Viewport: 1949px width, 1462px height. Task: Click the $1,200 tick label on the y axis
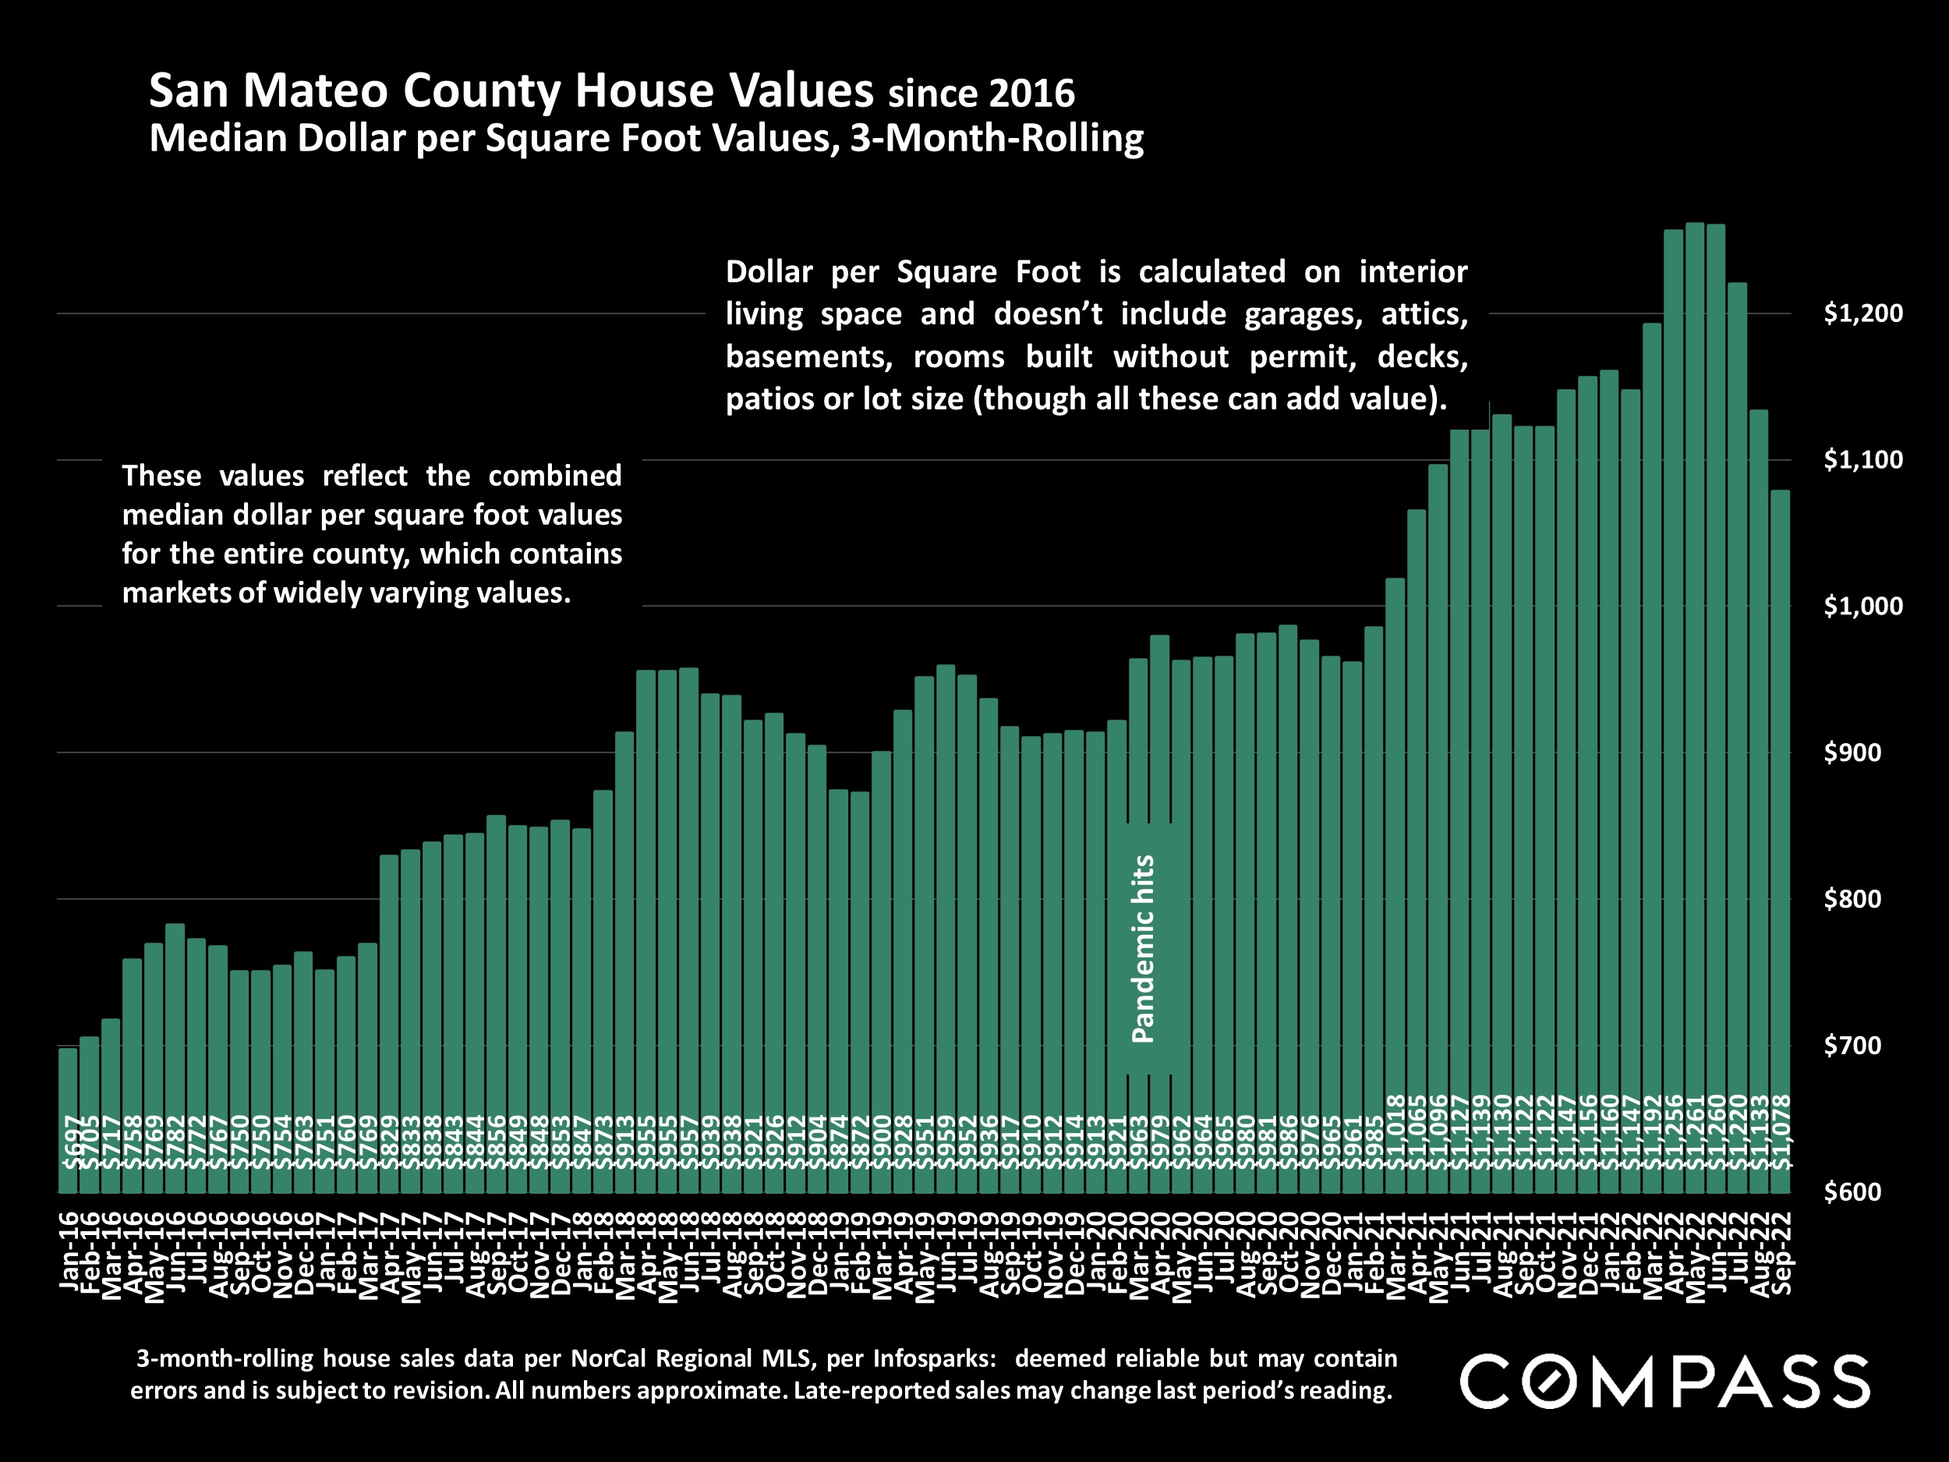1862,313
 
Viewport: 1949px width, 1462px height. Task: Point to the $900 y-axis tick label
1862,752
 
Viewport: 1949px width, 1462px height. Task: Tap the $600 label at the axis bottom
1862,1191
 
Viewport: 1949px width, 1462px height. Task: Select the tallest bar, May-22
1694,705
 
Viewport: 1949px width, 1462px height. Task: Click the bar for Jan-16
68,1119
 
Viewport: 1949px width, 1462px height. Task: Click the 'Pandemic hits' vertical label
1143,949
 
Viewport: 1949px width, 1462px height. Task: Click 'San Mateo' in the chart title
268,90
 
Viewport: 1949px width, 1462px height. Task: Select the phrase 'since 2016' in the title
981,94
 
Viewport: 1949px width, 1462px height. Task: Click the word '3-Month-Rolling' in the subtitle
996,138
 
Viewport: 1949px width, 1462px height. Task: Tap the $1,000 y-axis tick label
1862,607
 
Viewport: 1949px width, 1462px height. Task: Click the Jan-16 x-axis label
69,1251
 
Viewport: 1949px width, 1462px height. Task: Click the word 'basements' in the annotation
808,357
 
